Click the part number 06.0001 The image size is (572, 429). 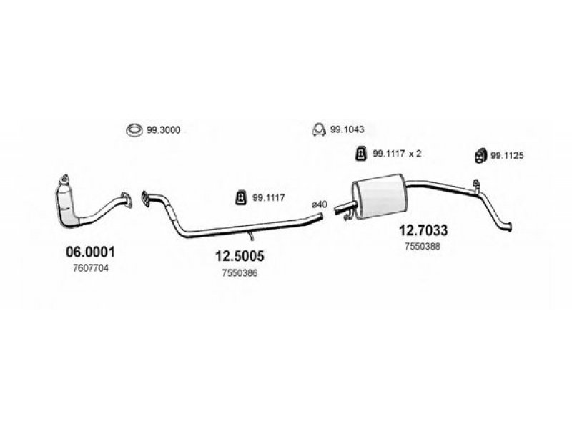click(90, 252)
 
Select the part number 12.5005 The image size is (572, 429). click(240, 256)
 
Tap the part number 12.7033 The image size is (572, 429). click(423, 230)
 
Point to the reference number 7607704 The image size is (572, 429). click(91, 268)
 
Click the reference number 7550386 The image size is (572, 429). click(240, 273)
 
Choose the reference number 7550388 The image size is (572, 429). click(423, 247)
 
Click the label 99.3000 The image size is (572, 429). click(164, 130)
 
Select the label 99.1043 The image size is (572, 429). click(347, 129)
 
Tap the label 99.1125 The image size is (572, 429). click(507, 156)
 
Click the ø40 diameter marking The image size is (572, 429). click(319, 204)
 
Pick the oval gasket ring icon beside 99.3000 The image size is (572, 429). click(134, 130)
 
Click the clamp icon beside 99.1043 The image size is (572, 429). click(319, 129)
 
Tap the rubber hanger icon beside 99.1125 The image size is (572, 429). click(480, 156)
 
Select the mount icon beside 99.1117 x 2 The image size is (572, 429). click(360, 153)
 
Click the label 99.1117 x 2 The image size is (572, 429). click(397, 154)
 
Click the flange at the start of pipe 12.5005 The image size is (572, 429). click(145, 199)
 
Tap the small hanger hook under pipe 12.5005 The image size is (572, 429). click(251, 236)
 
